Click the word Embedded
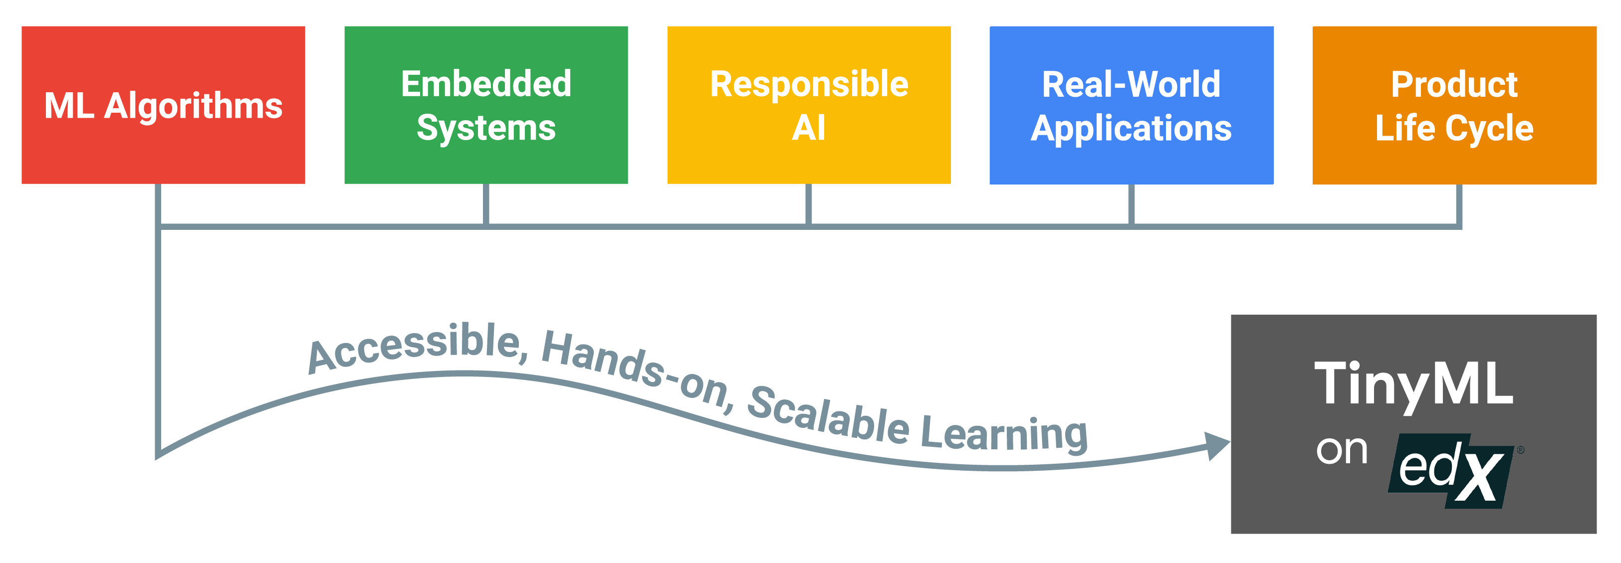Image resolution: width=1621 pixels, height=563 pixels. point(486,84)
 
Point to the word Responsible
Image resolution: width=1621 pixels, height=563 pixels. point(809,84)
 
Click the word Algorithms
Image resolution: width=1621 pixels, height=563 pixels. point(193,106)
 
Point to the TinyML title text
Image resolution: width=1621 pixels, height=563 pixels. point(1413,383)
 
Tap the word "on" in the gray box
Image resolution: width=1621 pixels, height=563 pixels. point(1342,450)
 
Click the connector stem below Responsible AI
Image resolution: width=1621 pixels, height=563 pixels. point(809,204)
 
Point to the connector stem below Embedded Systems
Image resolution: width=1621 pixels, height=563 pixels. point(486,204)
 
